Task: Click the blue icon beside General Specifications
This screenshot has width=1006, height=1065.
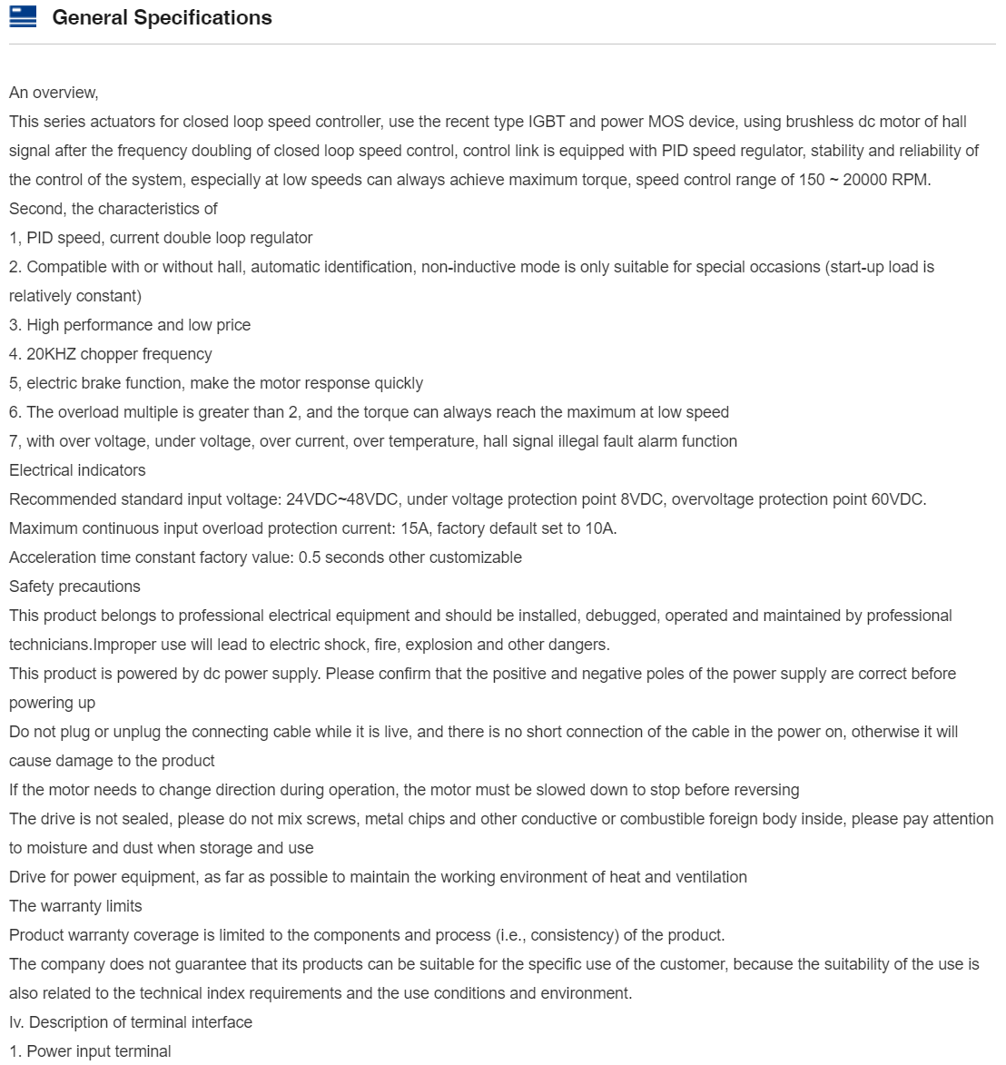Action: click(x=23, y=17)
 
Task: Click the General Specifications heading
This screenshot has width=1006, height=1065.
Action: click(x=162, y=18)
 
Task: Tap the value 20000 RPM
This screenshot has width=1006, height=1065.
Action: click(x=886, y=180)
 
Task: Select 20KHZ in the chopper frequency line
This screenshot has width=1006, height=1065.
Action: click(x=51, y=354)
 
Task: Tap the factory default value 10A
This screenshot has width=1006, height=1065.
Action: click(x=599, y=528)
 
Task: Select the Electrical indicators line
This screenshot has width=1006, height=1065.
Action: click(x=77, y=470)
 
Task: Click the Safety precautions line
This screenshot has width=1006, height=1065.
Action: click(x=74, y=587)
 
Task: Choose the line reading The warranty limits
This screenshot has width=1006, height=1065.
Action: click(x=75, y=906)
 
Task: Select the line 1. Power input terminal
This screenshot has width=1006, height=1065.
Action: click(x=90, y=1051)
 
